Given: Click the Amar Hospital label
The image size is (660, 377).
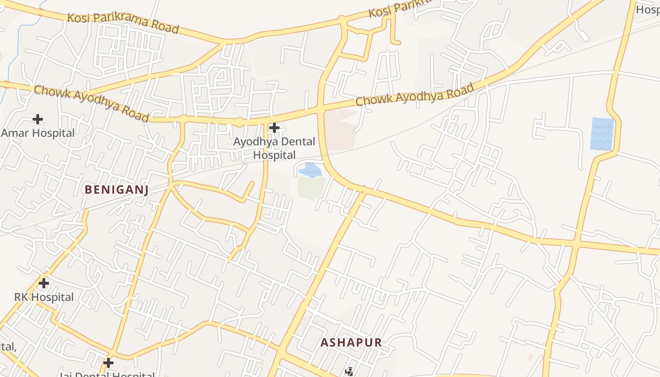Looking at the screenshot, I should pyautogui.click(x=38, y=133).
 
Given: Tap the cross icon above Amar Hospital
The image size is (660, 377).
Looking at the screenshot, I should pyautogui.click(x=38, y=119).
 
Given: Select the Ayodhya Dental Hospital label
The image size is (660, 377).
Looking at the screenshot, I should pyautogui.click(x=274, y=148).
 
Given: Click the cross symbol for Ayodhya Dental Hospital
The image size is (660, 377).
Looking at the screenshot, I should pyautogui.click(x=274, y=127).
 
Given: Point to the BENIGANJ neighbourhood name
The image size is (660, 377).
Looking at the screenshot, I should pyautogui.click(x=116, y=189).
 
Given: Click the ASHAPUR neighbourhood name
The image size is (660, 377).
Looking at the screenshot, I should pyautogui.click(x=351, y=343).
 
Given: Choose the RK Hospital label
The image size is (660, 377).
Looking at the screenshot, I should pyautogui.click(x=44, y=297).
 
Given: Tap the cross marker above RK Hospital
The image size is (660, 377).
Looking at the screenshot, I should pyautogui.click(x=44, y=283).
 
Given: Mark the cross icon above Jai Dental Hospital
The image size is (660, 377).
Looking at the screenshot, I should pyautogui.click(x=108, y=362).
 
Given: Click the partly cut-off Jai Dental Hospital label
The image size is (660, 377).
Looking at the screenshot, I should pyautogui.click(x=107, y=375).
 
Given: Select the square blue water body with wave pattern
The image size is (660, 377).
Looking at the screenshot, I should pyautogui.click(x=602, y=134).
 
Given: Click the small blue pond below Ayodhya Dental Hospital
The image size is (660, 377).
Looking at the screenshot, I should pyautogui.click(x=310, y=170).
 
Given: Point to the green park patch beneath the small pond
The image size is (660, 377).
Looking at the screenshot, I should pyautogui.click(x=311, y=188).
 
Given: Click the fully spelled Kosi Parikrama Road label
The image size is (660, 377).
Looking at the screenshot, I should pyautogui.click(x=123, y=23).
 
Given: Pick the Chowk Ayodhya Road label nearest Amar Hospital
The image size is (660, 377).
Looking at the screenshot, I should pyautogui.click(x=91, y=103).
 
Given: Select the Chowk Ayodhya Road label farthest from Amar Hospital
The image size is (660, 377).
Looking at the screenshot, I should pyautogui.click(x=414, y=94).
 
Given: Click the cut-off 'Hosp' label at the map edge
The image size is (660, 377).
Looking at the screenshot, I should pyautogui.click(x=648, y=9).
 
